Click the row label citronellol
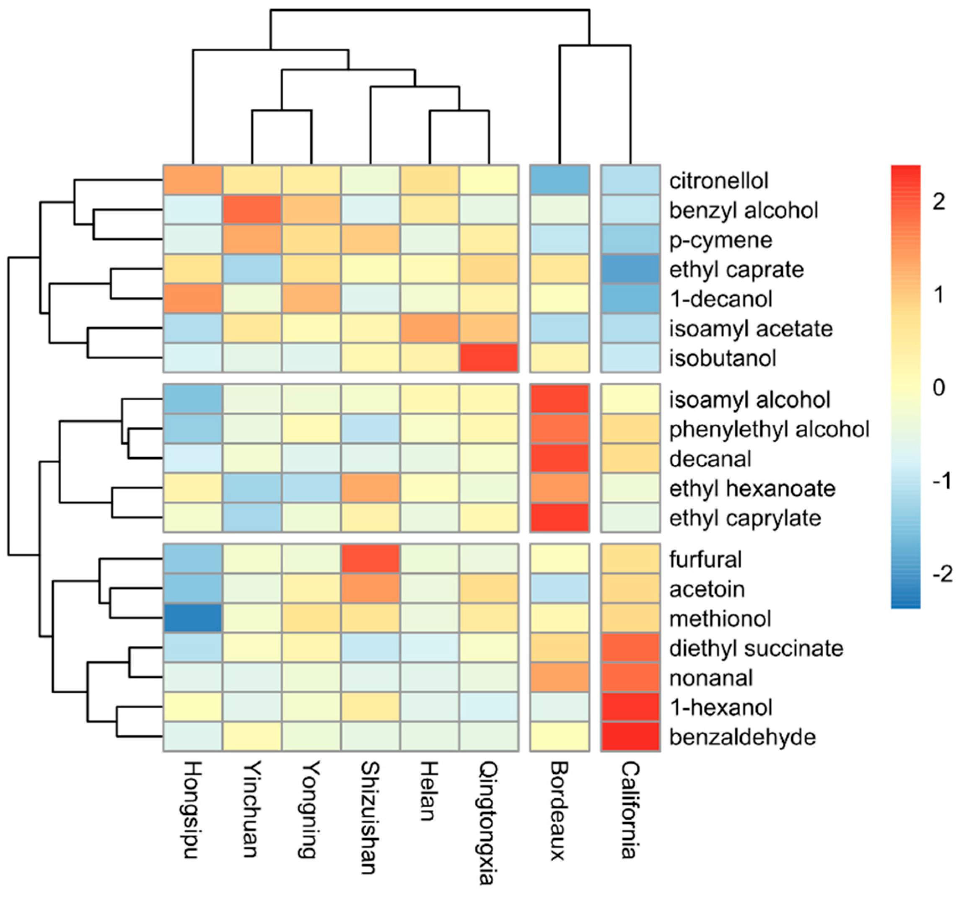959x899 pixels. tap(718, 181)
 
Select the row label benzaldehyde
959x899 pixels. tap(742, 737)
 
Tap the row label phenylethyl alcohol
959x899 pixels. tap(769, 429)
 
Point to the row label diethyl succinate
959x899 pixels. tap(756, 648)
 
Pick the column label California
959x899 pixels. tap(630, 810)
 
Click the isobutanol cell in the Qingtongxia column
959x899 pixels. tap(489, 358)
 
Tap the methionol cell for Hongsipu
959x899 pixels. tap(192, 618)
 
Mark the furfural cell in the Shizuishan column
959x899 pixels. tap(371, 559)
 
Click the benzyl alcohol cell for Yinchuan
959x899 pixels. tap(252, 210)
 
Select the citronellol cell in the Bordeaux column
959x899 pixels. tap(560, 180)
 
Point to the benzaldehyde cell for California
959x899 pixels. tap(630, 736)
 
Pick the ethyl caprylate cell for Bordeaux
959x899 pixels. tap(560, 518)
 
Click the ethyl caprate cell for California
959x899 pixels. tap(630, 269)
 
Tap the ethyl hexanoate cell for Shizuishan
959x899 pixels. tap(371, 488)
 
